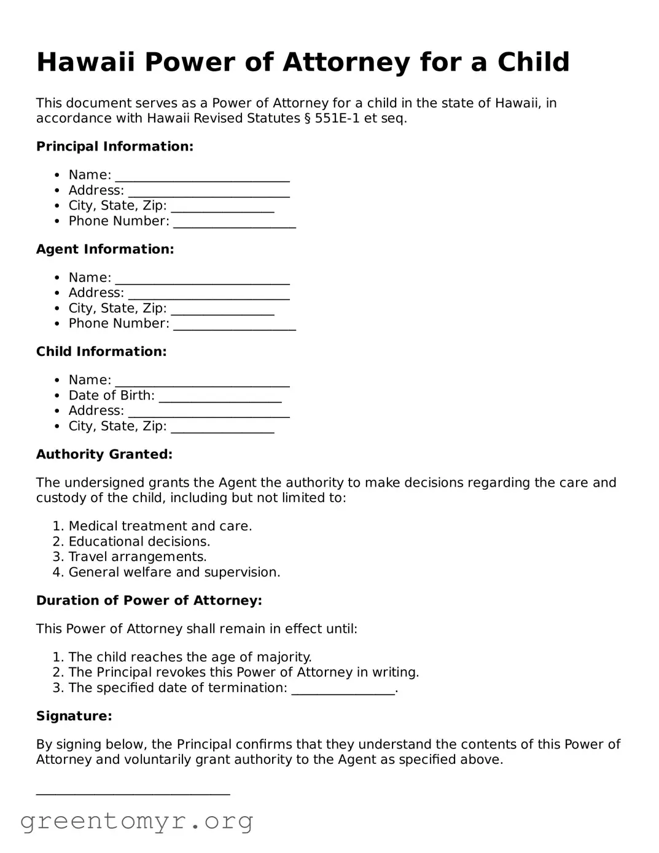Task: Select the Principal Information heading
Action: click(115, 147)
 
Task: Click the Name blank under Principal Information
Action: click(202, 178)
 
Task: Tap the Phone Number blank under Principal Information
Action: click(234, 224)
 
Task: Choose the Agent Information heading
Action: click(105, 250)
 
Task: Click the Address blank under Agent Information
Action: click(208, 296)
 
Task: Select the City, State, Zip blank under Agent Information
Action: click(222, 311)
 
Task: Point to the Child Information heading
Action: click(101, 352)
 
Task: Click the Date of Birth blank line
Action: click(220, 398)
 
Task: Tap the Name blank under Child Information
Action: click(202, 383)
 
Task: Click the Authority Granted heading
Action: click(104, 455)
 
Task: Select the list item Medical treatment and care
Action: click(160, 527)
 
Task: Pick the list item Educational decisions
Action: click(139, 542)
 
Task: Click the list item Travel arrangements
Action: click(138, 557)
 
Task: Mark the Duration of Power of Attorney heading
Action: click(149, 601)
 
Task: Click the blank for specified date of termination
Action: click(343, 691)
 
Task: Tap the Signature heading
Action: click(74, 717)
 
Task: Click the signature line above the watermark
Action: click(133, 792)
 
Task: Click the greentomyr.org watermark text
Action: click(136, 821)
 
